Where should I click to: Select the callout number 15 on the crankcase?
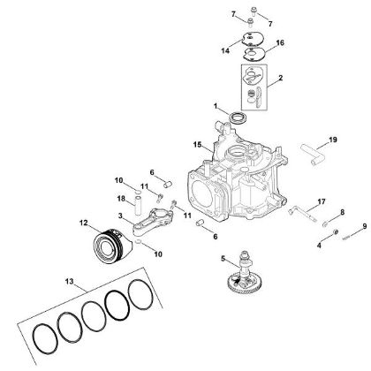pyautogui.click(x=199, y=143)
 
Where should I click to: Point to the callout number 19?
pyautogui.click(x=333, y=139)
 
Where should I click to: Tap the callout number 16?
pyautogui.click(x=280, y=42)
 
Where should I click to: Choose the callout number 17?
pyautogui.click(x=297, y=201)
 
